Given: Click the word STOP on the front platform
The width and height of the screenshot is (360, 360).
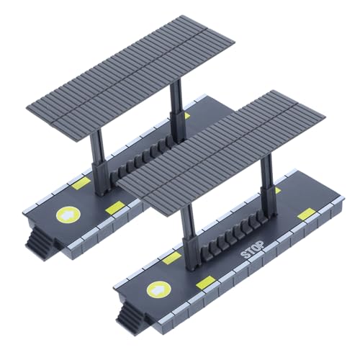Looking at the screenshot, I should pos(252,250).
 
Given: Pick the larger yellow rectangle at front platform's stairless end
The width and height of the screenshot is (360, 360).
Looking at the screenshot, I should pos(306,213).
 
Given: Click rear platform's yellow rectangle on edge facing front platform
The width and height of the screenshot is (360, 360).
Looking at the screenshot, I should pos(114,208).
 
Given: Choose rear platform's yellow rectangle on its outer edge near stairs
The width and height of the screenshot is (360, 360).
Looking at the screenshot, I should pos(81,184).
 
